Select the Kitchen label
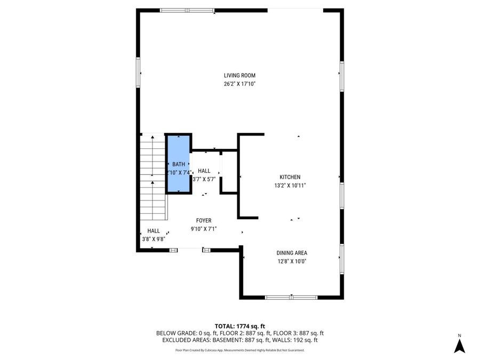pos(290,177)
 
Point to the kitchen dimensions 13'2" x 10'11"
pos(290,186)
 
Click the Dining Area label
pos(291,253)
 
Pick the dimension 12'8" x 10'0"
pos(291,261)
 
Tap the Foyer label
pos(204,220)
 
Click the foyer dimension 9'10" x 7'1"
pos(204,229)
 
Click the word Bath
pos(179,164)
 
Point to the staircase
pos(153,177)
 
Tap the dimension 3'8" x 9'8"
pos(153,239)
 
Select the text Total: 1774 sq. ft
pos(239,326)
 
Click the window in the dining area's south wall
pos(291,297)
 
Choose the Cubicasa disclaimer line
pos(239,350)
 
